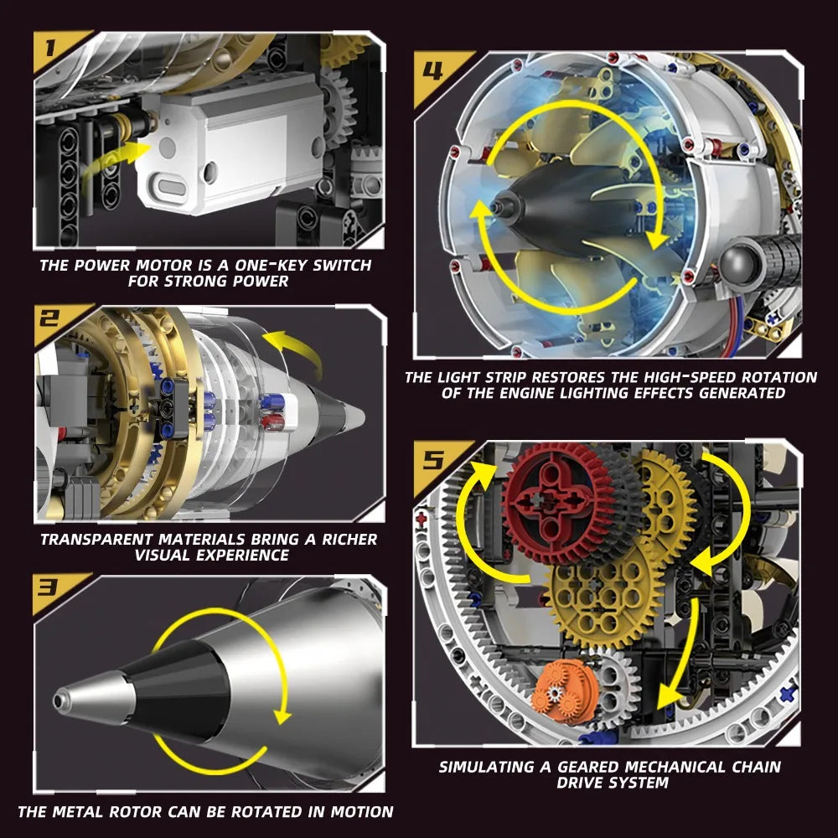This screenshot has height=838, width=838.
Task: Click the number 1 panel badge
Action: (52, 47)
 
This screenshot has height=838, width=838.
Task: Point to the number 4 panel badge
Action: (433, 69)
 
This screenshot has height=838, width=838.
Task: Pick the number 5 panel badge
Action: (433, 458)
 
